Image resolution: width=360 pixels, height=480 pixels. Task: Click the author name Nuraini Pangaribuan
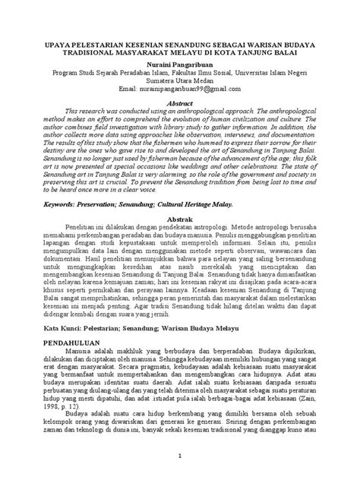(x=180, y=66)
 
